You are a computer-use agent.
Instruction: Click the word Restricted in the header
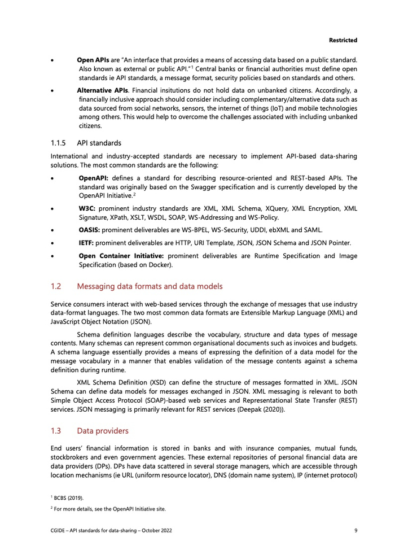[x=343, y=41]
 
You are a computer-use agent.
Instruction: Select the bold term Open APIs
[x=93, y=59]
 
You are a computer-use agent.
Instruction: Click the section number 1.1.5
[x=59, y=142]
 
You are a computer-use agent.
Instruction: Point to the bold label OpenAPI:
[x=94, y=178]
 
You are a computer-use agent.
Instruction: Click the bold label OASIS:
[x=90, y=230]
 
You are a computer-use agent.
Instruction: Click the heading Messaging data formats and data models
[x=150, y=286]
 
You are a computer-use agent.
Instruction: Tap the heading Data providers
[x=103, y=431]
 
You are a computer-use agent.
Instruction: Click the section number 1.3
[x=56, y=431]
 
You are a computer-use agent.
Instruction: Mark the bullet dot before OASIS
[x=52, y=230]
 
